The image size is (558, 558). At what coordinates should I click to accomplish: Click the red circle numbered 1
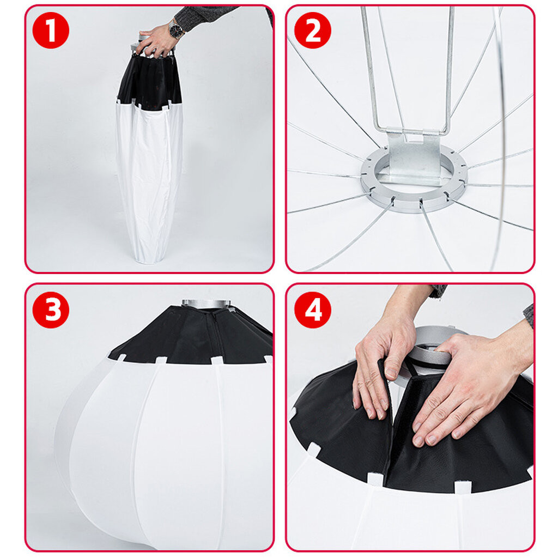pyautogui.click(x=51, y=30)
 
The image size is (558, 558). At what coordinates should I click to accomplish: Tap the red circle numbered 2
pyautogui.click(x=312, y=30)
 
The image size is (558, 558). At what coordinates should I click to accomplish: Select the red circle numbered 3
pyautogui.click(x=51, y=310)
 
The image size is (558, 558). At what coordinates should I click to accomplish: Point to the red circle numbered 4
pyautogui.click(x=312, y=310)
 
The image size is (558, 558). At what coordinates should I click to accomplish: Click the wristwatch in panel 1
pyautogui.click(x=176, y=30)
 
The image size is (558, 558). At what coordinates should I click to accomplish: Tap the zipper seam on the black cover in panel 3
pyautogui.click(x=217, y=335)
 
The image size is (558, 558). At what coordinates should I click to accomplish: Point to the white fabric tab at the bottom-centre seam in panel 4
pyautogui.click(x=375, y=478)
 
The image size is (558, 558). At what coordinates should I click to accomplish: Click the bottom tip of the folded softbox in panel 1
pyautogui.click(x=147, y=262)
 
